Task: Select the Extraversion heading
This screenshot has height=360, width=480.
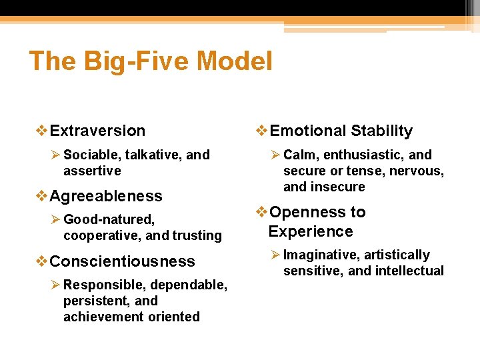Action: [97, 131]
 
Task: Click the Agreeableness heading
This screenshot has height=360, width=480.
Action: [106, 196]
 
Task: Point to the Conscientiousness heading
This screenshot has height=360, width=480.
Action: [122, 261]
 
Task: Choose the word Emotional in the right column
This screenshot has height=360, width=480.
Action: [307, 131]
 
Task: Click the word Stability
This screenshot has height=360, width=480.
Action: [381, 131]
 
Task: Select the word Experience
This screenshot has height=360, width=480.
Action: [310, 231]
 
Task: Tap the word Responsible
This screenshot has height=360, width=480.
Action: [102, 285]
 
